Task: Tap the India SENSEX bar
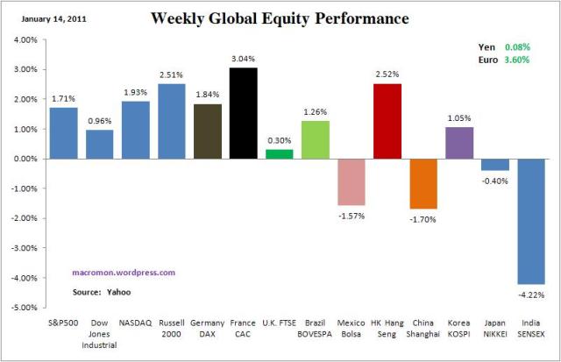tap(530, 221)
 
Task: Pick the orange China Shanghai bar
tap(423, 183)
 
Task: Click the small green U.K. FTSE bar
tap(279, 154)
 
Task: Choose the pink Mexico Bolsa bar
tap(351, 181)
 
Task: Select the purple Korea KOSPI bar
tap(458, 143)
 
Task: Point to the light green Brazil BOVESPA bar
tap(315, 139)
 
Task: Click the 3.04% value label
tap(243, 60)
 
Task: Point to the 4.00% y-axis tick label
tap(24, 39)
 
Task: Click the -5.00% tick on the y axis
tap(23, 308)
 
